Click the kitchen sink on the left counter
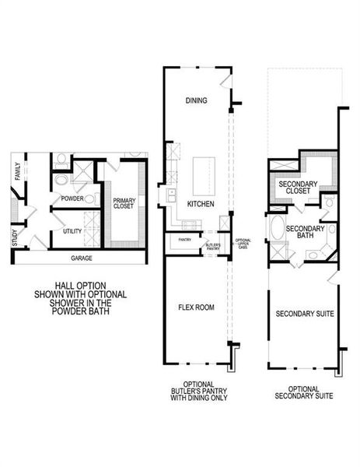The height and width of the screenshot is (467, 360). point(169,192)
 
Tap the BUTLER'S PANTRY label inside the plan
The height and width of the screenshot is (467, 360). point(212,246)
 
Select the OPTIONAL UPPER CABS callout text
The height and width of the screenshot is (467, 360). point(243,243)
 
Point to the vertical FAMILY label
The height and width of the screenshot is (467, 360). point(17,170)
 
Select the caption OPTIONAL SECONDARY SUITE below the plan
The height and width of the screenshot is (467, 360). point(304,392)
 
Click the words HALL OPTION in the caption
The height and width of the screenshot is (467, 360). point(80,285)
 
